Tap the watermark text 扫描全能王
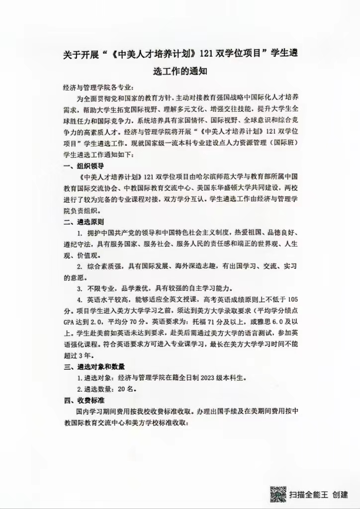click(309, 495)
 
